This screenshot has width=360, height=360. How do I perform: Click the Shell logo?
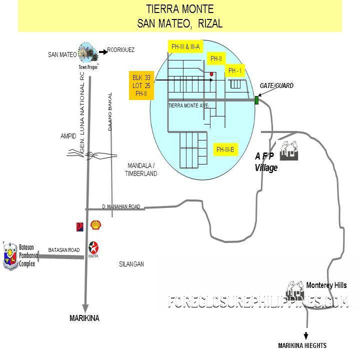coord(95,225)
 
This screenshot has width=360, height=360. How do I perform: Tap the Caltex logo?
coord(93,247)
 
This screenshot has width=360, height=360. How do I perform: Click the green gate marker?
coord(256,100)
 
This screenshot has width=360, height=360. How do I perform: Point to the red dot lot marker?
coord(212,74)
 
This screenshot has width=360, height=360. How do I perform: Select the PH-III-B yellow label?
coord(225,149)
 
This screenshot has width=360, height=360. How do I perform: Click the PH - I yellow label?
coord(234,71)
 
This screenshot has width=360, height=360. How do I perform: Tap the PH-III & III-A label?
coord(185,47)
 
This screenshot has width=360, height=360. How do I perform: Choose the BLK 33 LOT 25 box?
coord(141,85)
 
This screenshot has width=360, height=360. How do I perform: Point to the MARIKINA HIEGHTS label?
coord(302,345)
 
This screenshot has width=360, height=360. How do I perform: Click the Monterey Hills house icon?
coord(294,288)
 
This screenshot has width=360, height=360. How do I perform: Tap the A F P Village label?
coord(266,162)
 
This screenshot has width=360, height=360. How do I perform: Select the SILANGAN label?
coord(132,264)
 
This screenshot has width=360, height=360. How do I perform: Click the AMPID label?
coord(68,136)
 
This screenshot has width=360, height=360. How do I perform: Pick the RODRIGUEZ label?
coord(120,50)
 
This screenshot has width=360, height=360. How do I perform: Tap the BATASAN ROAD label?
coord(63,250)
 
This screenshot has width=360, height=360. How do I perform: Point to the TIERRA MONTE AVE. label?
coord(188,105)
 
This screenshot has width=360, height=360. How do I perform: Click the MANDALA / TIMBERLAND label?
coord(141,169)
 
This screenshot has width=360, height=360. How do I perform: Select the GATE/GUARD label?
coord(276,86)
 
